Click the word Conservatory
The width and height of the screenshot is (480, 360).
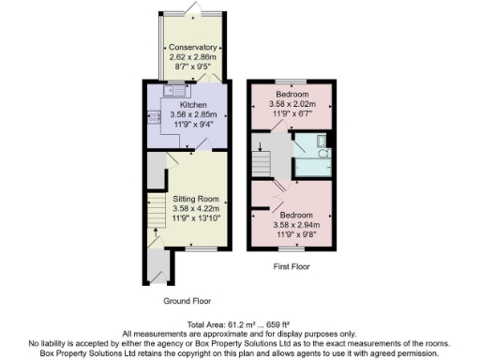tap(193, 47)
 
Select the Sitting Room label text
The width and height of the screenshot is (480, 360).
tap(195, 199)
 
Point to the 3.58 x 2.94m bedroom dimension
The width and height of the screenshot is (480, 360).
tap(295, 225)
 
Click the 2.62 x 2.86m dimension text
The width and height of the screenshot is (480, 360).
tap(193, 57)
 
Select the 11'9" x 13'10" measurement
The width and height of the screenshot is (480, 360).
tap(195, 219)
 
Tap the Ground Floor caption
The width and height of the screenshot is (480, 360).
tap(187, 302)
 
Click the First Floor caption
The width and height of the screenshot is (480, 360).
tap(291, 265)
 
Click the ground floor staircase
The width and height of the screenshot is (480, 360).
tap(156, 220)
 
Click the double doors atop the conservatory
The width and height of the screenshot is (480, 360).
tap(192, 9)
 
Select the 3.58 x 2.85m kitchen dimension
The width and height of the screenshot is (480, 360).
tap(193, 114)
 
